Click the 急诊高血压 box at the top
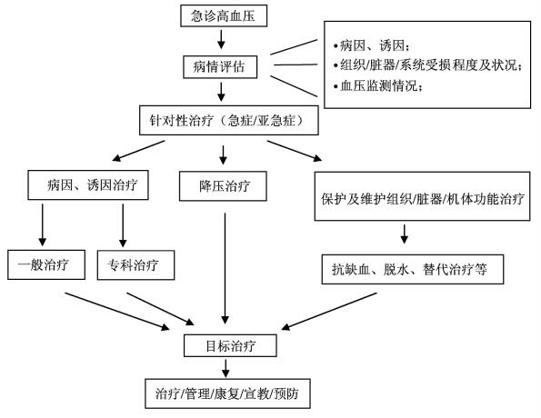(223, 15)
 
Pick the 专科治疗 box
(134, 266)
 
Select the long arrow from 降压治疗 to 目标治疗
(223, 264)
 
